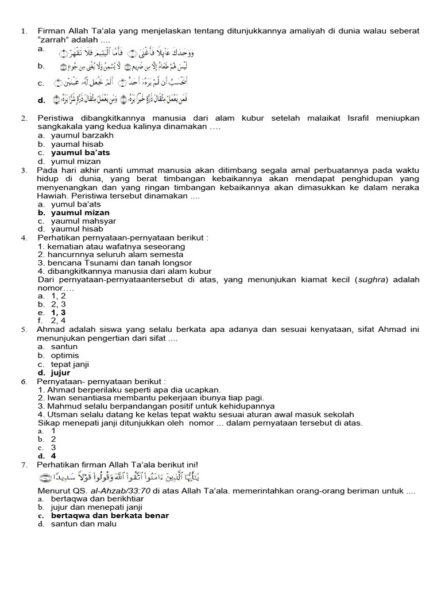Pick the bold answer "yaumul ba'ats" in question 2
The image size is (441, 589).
80,153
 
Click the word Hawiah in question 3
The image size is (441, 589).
52,196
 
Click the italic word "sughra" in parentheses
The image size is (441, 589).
370,280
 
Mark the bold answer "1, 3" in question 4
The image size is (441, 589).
59,312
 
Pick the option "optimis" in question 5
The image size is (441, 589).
65,355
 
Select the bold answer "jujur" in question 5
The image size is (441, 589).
60,373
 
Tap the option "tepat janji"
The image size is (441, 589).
70,364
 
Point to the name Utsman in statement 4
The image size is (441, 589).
59,414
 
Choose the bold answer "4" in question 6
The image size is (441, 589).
53,456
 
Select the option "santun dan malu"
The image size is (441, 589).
84,524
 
